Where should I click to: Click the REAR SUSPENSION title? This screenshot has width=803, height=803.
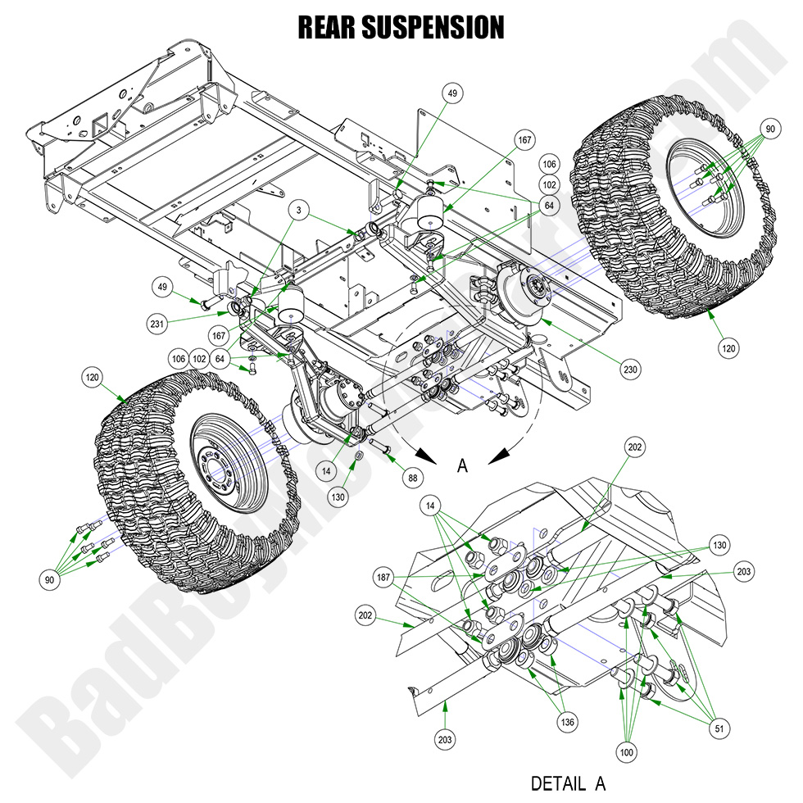401,26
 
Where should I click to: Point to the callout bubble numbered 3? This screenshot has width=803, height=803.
302,211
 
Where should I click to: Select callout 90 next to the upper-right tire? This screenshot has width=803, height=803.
769,129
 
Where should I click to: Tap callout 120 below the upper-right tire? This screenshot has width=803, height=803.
728,348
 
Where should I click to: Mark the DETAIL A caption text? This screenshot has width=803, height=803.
569,783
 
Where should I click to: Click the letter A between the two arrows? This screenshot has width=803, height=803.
462,465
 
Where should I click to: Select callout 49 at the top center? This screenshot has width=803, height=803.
451,93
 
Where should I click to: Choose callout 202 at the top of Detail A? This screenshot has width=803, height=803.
635,447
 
